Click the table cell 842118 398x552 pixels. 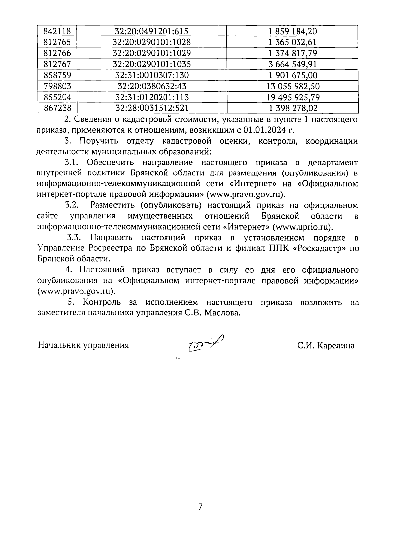[x=57, y=32]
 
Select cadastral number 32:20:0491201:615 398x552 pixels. [x=152, y=32]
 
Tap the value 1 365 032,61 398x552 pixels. [x=293, y=42]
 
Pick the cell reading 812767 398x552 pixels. [x=57, y=64]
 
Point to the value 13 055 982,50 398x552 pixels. [x=293, y=86]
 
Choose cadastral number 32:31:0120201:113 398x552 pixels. [x=152, y=97]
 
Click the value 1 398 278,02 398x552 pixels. [x=293, y=108]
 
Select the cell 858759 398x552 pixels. [x=57, y=75]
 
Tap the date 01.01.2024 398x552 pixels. [x=261, y=130]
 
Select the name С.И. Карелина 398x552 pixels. [x=326, y=346]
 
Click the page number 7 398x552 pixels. [x=200, y=507]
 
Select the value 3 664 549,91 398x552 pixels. [x=293, y=64]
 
